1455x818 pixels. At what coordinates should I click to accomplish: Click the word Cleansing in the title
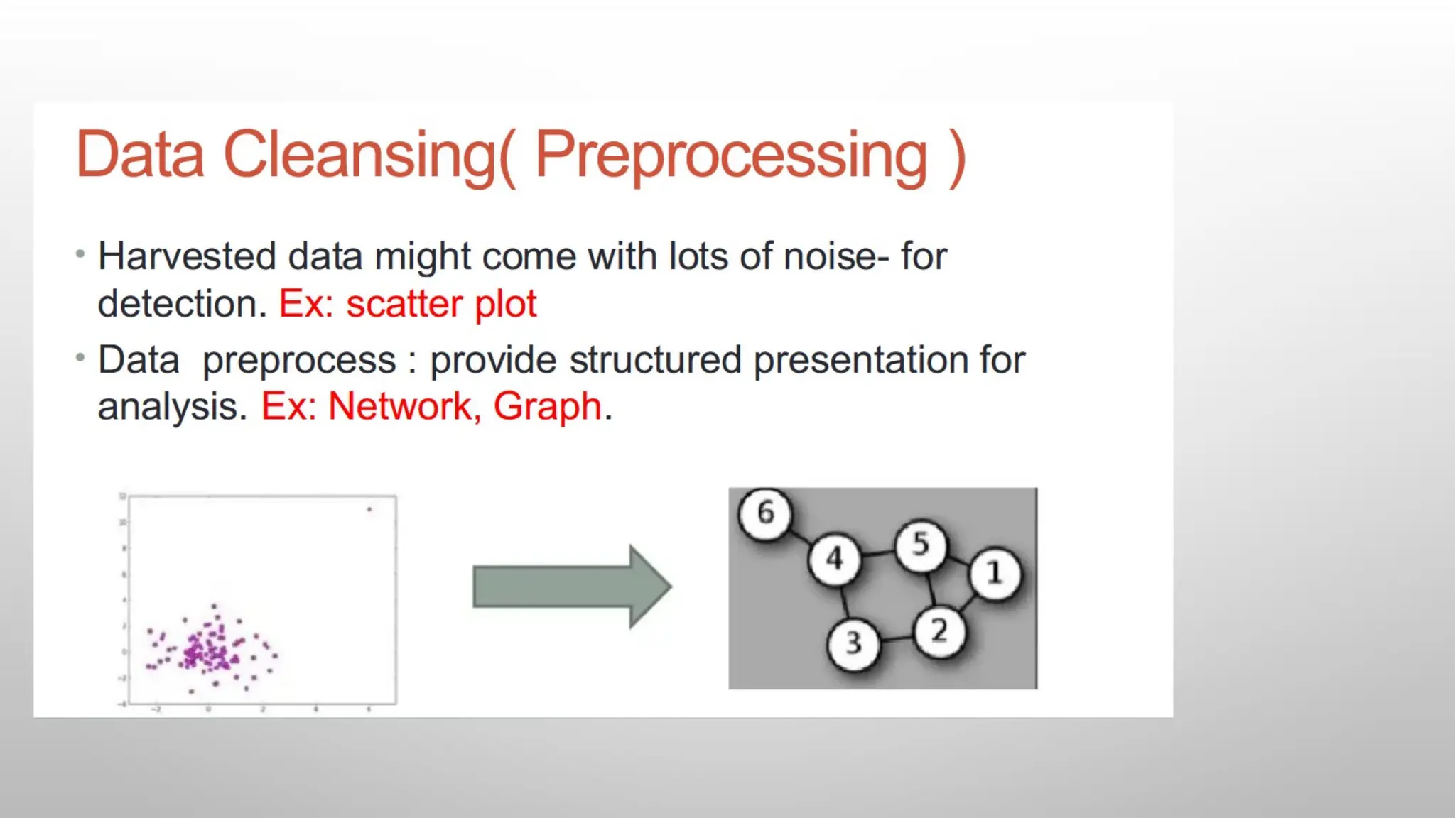[x=359, y=155]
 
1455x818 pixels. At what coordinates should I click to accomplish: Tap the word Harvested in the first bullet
[x=187, y=256]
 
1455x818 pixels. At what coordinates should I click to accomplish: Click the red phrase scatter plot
[x=441, y=305]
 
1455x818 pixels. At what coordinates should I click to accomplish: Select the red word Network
[x=400, y=407]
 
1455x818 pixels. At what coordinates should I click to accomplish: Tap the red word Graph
[x=548, y=407]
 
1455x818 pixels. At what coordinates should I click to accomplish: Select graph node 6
[x=765, y=513]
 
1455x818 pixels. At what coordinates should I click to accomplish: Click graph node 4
[x=835, y=559]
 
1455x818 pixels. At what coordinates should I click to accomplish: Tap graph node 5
[x=921, y=545]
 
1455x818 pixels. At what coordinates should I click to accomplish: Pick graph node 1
[x=995, y=573]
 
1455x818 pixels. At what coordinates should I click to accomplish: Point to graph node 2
[x=940, y=631]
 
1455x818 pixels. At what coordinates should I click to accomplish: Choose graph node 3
[x=853, y=643]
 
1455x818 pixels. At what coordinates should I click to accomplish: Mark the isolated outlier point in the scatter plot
[x=369, y=509]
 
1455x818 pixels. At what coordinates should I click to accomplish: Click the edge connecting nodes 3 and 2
[x=897, y=638]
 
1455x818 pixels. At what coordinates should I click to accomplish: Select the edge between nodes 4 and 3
[x=844, y=601]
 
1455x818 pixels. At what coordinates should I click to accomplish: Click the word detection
[x=182, y=305]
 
